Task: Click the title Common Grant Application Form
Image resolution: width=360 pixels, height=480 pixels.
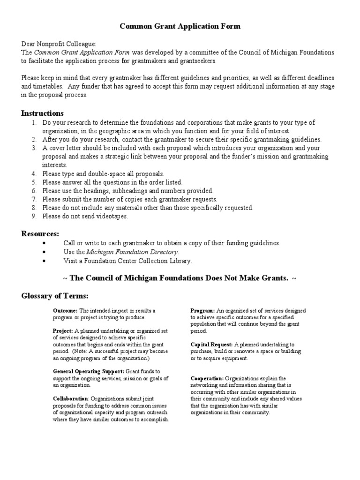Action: (180, 26)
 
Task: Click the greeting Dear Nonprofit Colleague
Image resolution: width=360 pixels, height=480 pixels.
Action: (59, 44)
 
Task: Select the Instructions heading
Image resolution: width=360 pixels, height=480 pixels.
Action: (42, 113)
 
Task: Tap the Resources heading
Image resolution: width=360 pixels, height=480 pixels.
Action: (40, 233)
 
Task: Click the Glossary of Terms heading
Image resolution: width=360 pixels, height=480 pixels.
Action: (54, 296)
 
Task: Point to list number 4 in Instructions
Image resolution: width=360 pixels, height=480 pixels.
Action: (34, 174)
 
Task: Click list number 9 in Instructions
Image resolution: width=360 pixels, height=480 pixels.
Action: (34, 216)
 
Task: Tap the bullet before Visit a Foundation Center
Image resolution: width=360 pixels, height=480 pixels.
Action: (44, 261)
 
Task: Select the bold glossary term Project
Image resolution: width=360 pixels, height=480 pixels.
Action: (63, 331)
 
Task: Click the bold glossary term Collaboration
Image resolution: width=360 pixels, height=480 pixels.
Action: (71, 399)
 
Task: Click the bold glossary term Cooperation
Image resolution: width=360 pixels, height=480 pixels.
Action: (207, 378)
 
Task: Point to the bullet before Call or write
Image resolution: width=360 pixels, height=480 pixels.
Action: (44, 243)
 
